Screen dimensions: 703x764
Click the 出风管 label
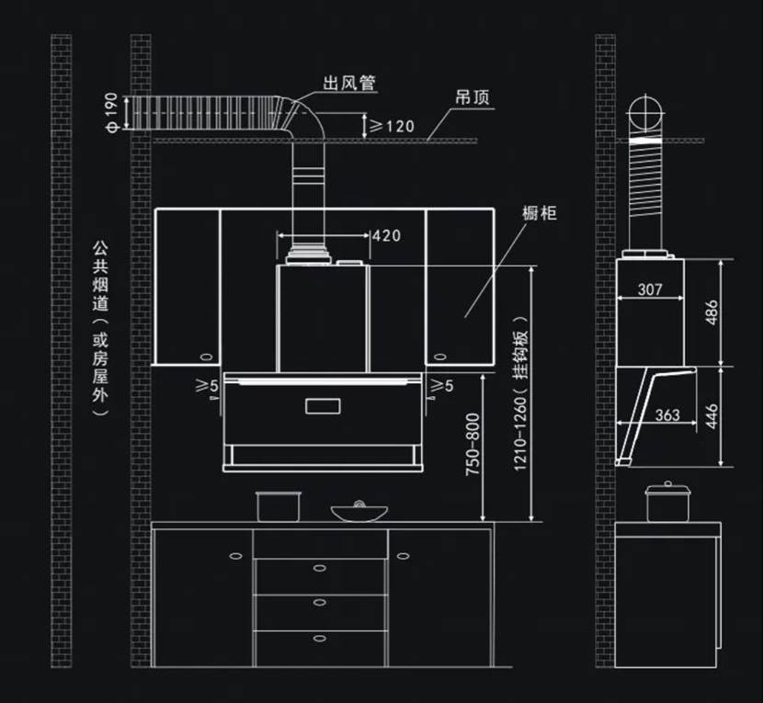(348, 85)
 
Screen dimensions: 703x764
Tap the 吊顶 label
(472, 96)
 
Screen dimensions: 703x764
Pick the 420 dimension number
(386, 236)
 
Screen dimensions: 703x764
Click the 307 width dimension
(649, 289)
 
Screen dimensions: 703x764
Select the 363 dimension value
(667, 415)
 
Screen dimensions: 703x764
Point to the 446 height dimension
(736, 415)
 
